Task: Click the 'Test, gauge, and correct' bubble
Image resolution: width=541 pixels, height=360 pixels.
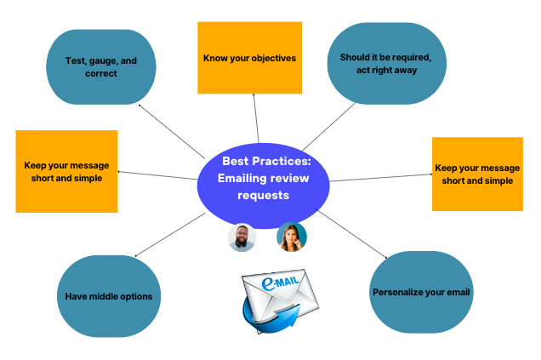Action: (x=101, y=67)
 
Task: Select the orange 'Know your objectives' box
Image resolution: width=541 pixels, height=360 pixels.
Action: (x=249, y=58)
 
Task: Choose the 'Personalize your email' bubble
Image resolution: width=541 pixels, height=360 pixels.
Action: (x=421, y=292)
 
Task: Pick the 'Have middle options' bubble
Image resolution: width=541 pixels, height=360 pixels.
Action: (x=108, y=296)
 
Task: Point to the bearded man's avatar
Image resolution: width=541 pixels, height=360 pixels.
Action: (x=242, y=237)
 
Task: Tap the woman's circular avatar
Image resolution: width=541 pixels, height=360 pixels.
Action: (x=292, y=237)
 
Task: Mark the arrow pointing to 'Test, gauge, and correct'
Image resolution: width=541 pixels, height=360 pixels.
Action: (x=170, y=131)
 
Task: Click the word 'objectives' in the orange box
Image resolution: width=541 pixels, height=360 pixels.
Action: (x=271, y=59)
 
